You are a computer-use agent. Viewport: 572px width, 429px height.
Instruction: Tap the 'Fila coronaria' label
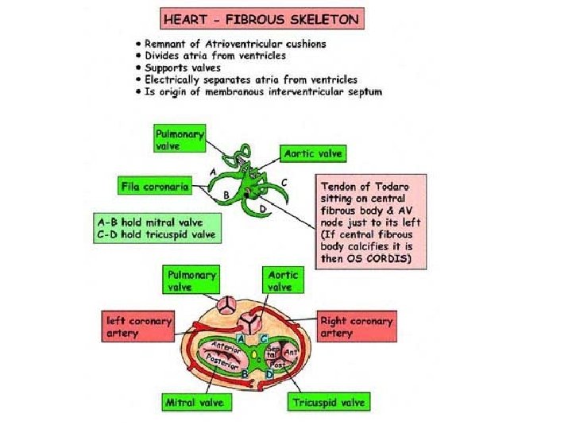click(x=154, y=187)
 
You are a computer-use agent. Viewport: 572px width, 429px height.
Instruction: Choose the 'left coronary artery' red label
click(x=139, y=327)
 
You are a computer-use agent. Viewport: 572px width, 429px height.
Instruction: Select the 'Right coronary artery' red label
click(x=356, y=327)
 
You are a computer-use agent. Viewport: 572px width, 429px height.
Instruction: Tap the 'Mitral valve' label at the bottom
click(x=194, y=403)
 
